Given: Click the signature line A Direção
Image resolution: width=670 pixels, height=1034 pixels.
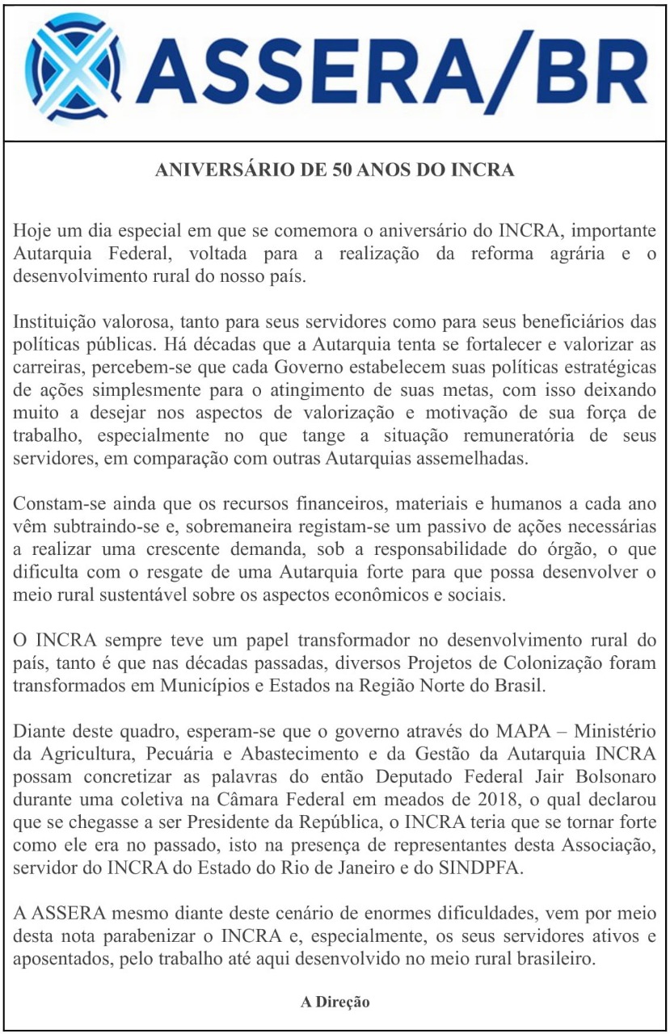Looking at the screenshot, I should point(335,1002).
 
